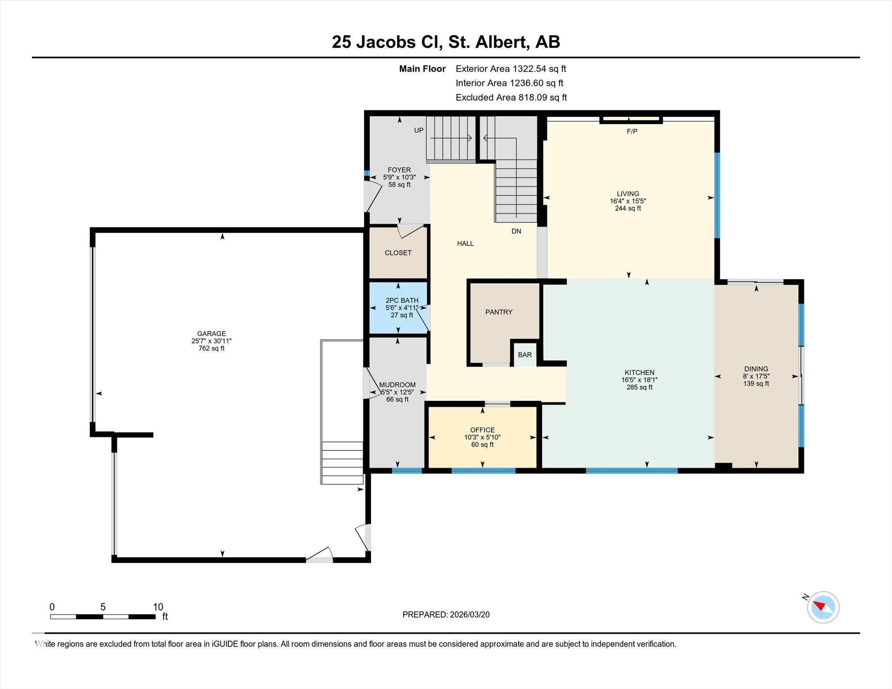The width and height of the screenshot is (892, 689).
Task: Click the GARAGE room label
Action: [211, 334]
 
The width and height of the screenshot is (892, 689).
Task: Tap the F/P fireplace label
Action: [632, 132]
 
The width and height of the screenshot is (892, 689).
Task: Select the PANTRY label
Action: [499, 312]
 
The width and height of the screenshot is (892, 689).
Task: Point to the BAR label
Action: [525, 355]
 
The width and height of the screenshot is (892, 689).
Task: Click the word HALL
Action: [465, 243]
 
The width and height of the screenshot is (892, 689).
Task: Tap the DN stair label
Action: [516, 231]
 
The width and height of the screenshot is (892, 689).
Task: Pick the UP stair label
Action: [419, 130]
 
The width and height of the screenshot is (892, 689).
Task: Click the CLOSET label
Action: [398, 253]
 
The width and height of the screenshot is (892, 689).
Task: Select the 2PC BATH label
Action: [402, 301]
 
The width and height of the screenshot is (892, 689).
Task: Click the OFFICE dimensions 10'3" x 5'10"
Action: [482, 437]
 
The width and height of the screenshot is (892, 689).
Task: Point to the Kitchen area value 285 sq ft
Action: [639, 387]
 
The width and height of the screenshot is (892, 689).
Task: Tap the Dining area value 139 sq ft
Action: [756, 384]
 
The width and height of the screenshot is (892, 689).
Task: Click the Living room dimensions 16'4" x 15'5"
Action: [628, 201]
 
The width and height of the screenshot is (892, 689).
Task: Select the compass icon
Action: [823, 607]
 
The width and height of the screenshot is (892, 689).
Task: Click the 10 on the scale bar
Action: [158, 607]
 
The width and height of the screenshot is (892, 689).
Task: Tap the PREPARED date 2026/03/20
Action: [470, 615]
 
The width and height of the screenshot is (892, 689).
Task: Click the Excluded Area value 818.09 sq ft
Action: [542, 97]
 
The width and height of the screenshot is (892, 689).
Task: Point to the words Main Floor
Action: [422, 69]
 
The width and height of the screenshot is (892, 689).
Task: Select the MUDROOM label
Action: [397, 385]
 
